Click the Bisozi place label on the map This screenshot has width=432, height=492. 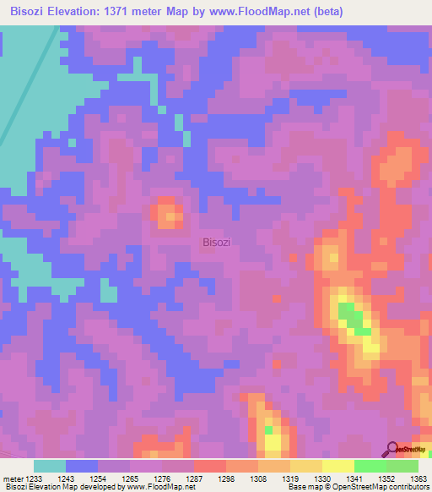point(217,243)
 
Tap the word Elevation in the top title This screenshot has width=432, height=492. point(84,9)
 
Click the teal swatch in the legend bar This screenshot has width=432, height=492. point(50,466)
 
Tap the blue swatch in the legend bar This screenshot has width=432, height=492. point(82,466)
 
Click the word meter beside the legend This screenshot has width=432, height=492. point(10,478)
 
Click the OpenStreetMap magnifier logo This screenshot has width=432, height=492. point(391,450)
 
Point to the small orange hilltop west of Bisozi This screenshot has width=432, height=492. point(168,215)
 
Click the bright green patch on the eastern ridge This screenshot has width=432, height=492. point(353,319)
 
